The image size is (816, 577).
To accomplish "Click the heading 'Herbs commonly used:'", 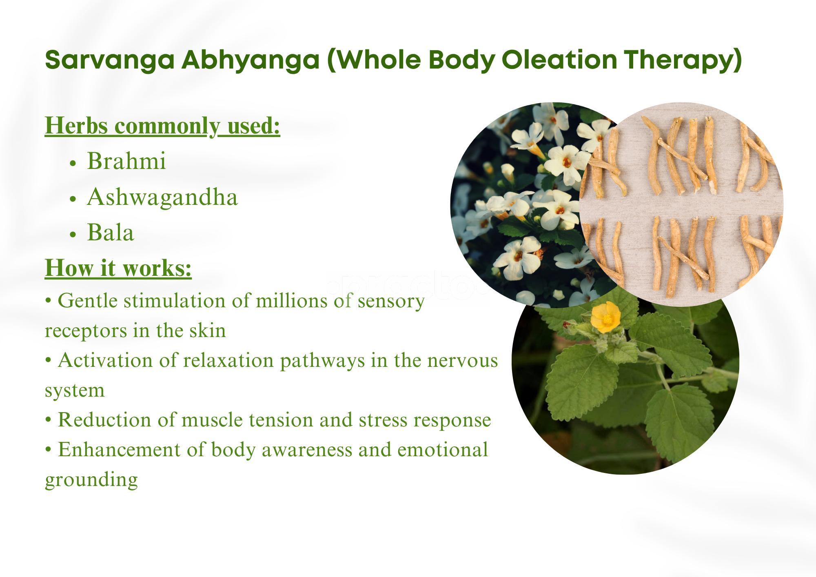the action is click(162, 126).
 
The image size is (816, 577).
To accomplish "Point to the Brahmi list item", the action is click(126, 161).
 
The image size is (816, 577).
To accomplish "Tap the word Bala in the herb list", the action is click(111, 233).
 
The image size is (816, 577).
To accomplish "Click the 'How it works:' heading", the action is click(118, 268).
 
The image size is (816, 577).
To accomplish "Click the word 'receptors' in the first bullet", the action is click(85, 331).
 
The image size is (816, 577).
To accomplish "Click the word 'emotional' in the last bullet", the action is click(442, 450).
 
